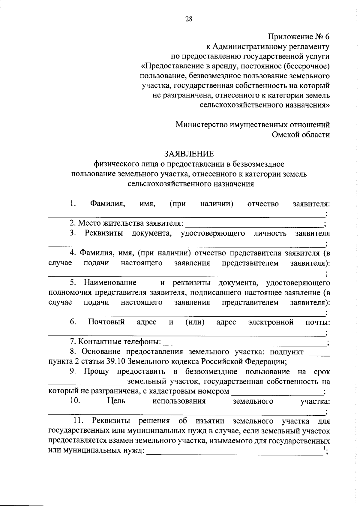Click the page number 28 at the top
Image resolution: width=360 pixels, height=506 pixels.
tap(189, 19)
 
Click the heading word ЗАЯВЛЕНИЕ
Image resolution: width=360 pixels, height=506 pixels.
tap(189, 154)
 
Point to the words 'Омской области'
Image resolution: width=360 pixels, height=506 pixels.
tap(301, 134)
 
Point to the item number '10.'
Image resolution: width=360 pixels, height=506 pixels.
tap(75, 401)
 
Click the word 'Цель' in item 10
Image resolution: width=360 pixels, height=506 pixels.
tap(116, 401)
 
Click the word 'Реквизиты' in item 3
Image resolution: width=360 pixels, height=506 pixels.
tap(104, 233)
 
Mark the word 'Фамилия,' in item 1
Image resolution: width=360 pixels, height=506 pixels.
tap(107, 204)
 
